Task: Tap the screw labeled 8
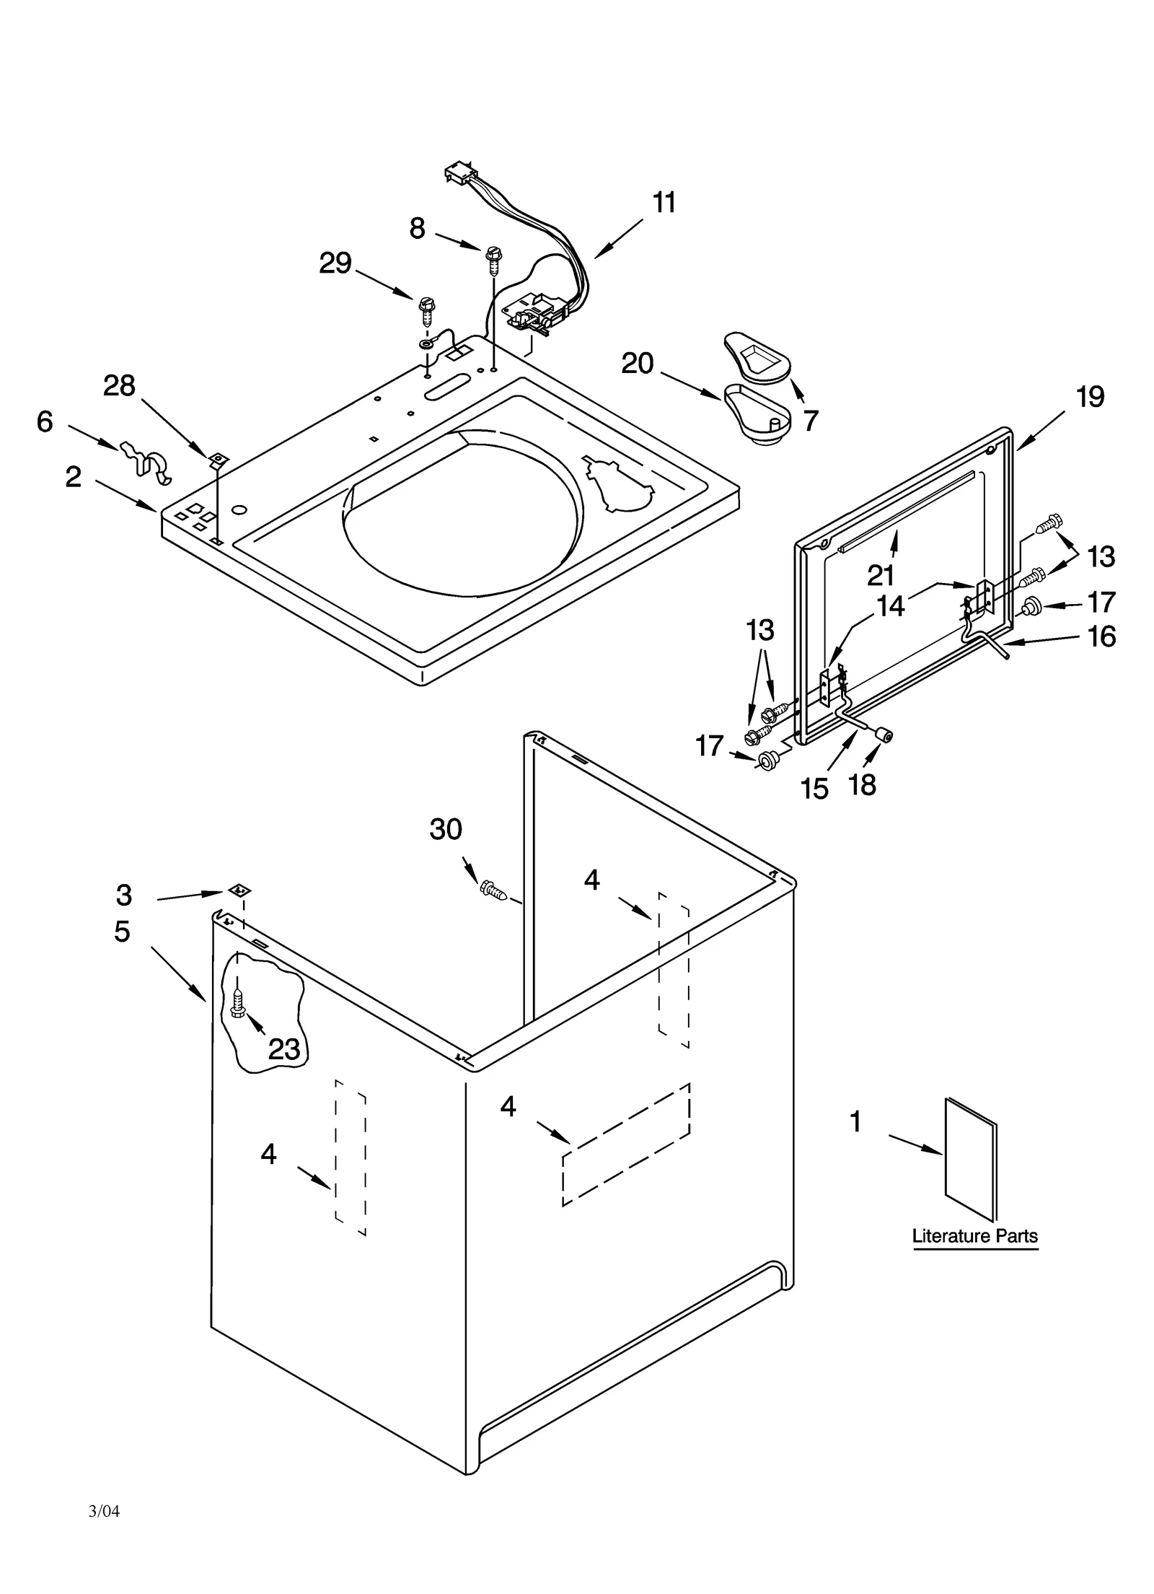click(x=493, y=259)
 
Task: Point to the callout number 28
click(x=119, y=386)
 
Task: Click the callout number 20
click(x=637, y=363)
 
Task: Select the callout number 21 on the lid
click(x=880, y=575)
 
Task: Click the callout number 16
click(x=1101, y=636)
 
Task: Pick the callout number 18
click(x=862, y=784)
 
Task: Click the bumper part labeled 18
click(x=884, y=735)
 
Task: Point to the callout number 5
click(x=122, y=932)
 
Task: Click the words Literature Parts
click(x=974, y=1236)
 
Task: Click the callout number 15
click(x=814, y=789)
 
